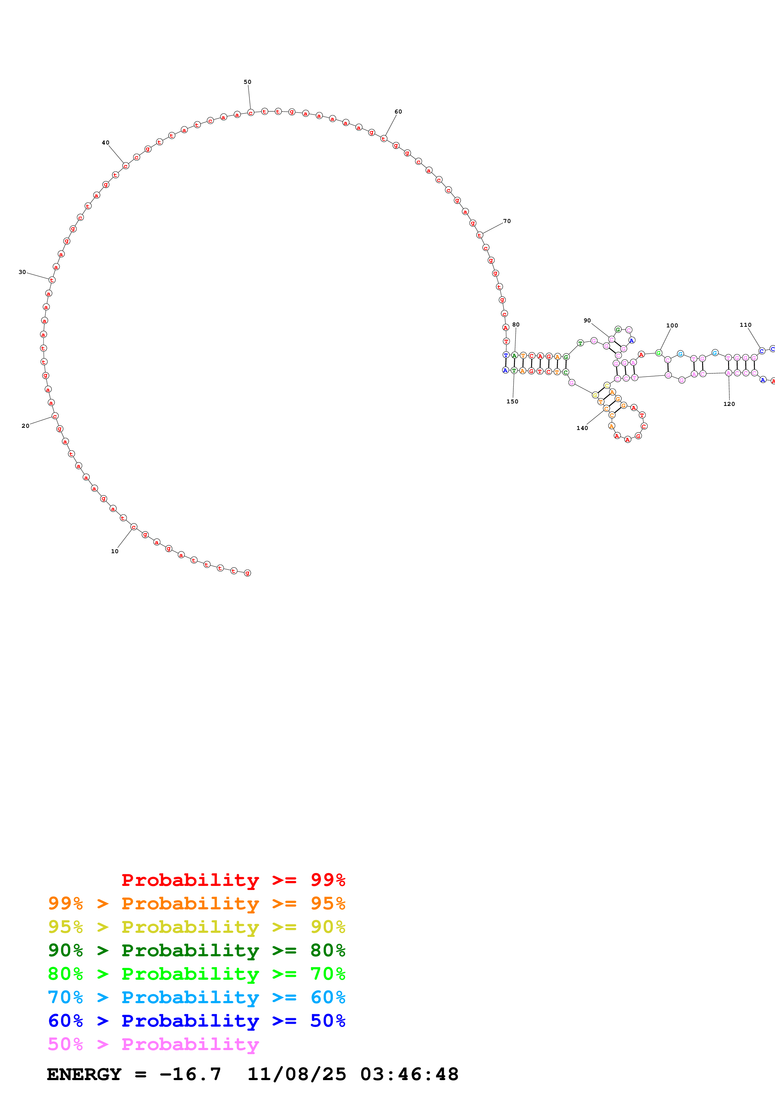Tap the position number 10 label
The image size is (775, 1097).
tap(115, 551)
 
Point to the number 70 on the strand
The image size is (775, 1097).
tap(507, 221)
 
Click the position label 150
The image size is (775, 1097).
tap(512, 401)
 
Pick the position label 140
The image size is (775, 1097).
tap(582, 428)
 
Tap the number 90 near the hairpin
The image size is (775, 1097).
tap(587, 321)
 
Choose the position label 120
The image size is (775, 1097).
tap(729, 404)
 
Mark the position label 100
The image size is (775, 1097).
tap(672, 325)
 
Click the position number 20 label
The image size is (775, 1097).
tap(25, 426)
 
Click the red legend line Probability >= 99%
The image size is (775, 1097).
tap(233, 880)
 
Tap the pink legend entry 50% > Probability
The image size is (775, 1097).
tap(153, 1044)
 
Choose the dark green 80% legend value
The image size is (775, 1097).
tap(328, 950)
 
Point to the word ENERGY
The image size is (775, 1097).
tap(84, 1074)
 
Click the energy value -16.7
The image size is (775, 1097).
tap(190, 1074)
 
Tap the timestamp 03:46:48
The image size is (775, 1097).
tap(409, 1074)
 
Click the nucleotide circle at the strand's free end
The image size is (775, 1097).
tap(247, 573)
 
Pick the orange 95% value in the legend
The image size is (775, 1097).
tap(328, 903)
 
